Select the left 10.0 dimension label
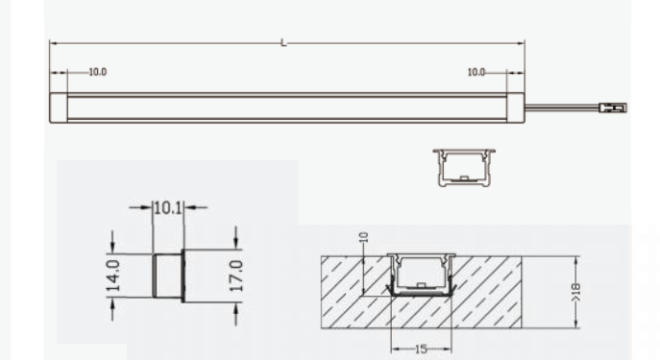97,73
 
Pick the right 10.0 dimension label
477,73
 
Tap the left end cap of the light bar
57,107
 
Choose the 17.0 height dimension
239,275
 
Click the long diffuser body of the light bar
288,107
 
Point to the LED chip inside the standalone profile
463,178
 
